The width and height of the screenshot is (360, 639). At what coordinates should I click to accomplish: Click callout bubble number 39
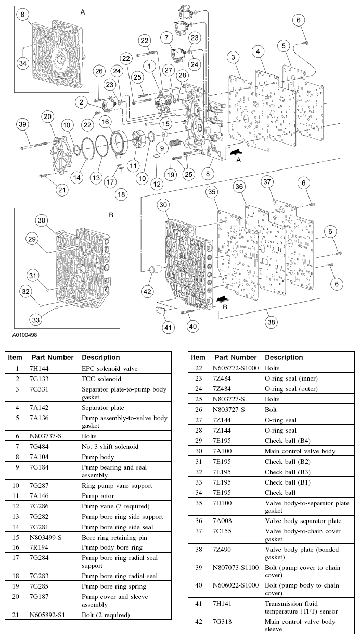coord(22,124)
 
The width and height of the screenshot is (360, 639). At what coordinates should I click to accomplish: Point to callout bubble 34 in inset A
coord(22,63)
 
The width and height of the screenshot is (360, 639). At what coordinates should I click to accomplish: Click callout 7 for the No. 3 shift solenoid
coord(166,38)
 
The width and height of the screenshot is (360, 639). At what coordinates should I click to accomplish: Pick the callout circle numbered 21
coord(62,190)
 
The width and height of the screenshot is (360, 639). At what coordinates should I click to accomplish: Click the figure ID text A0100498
coord(21,335)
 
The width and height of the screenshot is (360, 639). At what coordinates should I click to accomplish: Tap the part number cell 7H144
coord(41,368)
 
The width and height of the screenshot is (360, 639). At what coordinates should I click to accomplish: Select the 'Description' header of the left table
coord(101,357)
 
